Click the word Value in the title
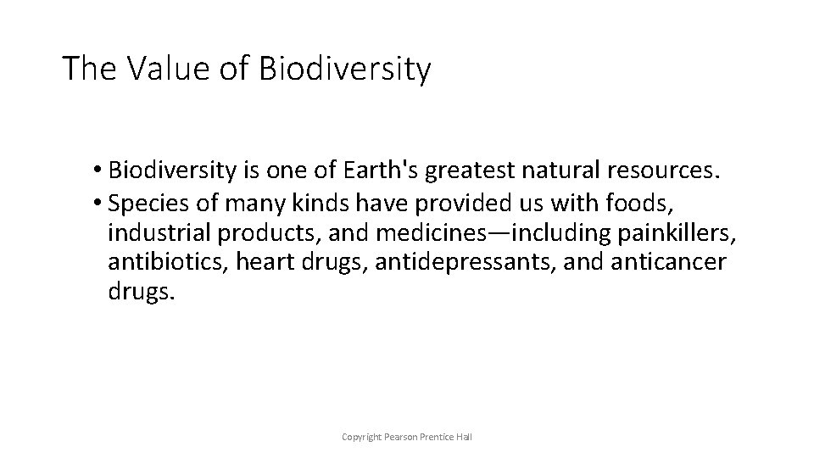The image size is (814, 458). [x=165, y=69]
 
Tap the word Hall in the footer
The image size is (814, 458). [x=463, y=436]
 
